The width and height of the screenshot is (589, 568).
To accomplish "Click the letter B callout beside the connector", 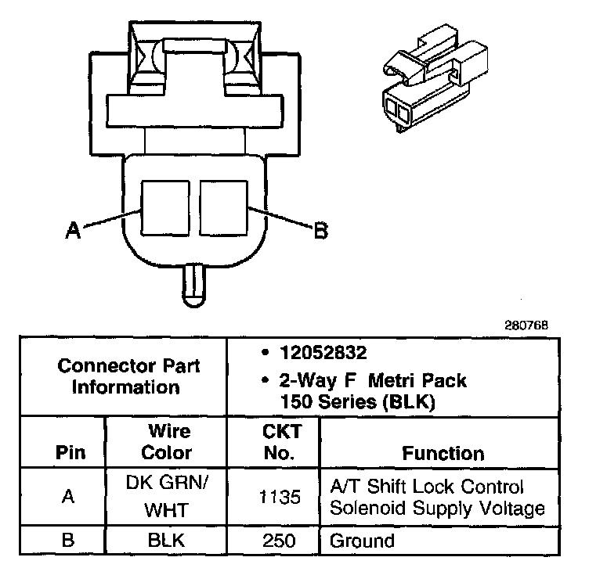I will click(320, 231).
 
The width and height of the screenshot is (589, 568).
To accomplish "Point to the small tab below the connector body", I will click(193, 286).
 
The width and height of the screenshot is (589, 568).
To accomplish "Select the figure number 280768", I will click(527, 324).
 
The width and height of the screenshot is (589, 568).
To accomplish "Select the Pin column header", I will click(67, 453).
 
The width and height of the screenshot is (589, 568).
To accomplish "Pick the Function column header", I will click(443, 453).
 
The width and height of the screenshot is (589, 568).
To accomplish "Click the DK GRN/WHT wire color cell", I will click(167, 497).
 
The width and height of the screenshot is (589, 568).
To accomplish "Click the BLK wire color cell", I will click(167, 541).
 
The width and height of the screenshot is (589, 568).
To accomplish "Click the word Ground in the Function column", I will click(362, 541).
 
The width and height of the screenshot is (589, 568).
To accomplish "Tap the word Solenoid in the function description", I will click(363, 508).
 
